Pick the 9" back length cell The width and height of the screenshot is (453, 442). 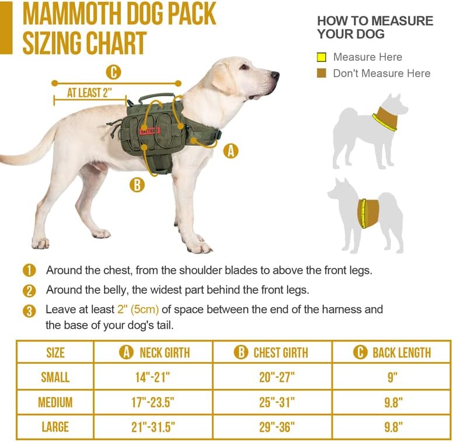point(392,377)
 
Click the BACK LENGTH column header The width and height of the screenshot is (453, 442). point(392,353)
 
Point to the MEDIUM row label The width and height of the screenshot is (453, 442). point(55,402)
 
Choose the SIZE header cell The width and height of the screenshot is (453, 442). point(55,353)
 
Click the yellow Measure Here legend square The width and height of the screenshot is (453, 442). point(321,57)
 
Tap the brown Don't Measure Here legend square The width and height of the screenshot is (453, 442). point(321,74)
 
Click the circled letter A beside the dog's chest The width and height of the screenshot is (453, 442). point(231,151)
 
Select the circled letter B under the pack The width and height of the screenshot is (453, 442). point(137,185)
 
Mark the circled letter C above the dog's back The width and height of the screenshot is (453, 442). point(113,72)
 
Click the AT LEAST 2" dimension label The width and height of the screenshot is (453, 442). point(89,93)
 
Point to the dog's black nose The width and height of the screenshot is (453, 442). point(276,75)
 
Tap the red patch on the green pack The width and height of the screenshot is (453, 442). point(149,130)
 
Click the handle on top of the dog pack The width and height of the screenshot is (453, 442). point(155,96)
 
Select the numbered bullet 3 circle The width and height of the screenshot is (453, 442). point(29,311)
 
